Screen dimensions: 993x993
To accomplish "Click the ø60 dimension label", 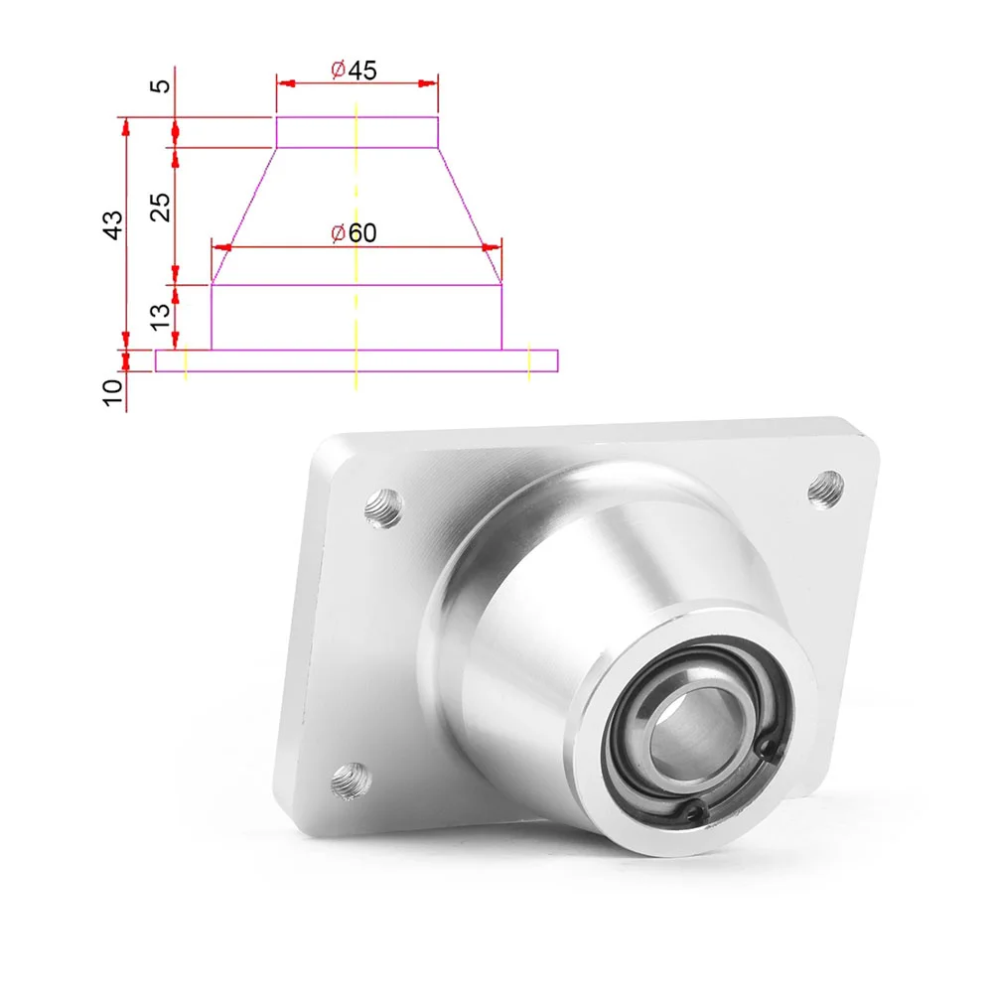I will pyautogui.click(x=354, y=233).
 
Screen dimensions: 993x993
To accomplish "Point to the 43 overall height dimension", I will pyautogui.click(x=114, y=224).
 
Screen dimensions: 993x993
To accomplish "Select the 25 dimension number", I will pyautogui.click(x=163, y=206).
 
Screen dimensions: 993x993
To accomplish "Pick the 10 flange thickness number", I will pyautogui.click(x=114, y=390).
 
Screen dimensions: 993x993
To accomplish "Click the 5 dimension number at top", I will pyautogui.click(x=163, y=85).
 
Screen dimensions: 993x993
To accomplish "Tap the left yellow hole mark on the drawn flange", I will pyautogui.click(x=186, y=361).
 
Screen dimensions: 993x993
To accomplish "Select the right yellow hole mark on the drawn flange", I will pyautogui.click(x=529, y=361).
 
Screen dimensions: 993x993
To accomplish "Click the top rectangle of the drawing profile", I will pyautogui.click(x=355, y=131).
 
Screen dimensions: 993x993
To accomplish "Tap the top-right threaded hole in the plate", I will pyautogui.click(x=826, y=487).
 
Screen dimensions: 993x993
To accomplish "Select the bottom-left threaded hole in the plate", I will pyautogui.click(x=350, y=780).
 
